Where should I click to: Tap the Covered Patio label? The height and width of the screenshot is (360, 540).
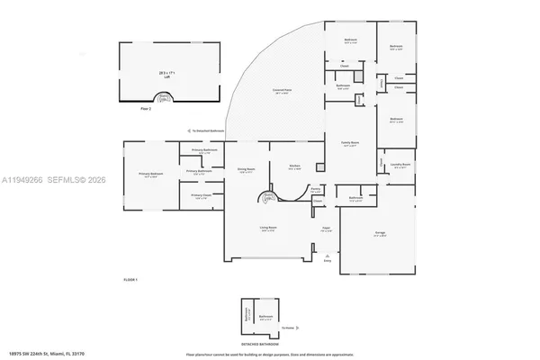[286, 92]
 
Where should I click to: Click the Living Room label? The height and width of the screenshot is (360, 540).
[267, 229]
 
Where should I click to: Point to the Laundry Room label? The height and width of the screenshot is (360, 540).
[400, 166]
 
